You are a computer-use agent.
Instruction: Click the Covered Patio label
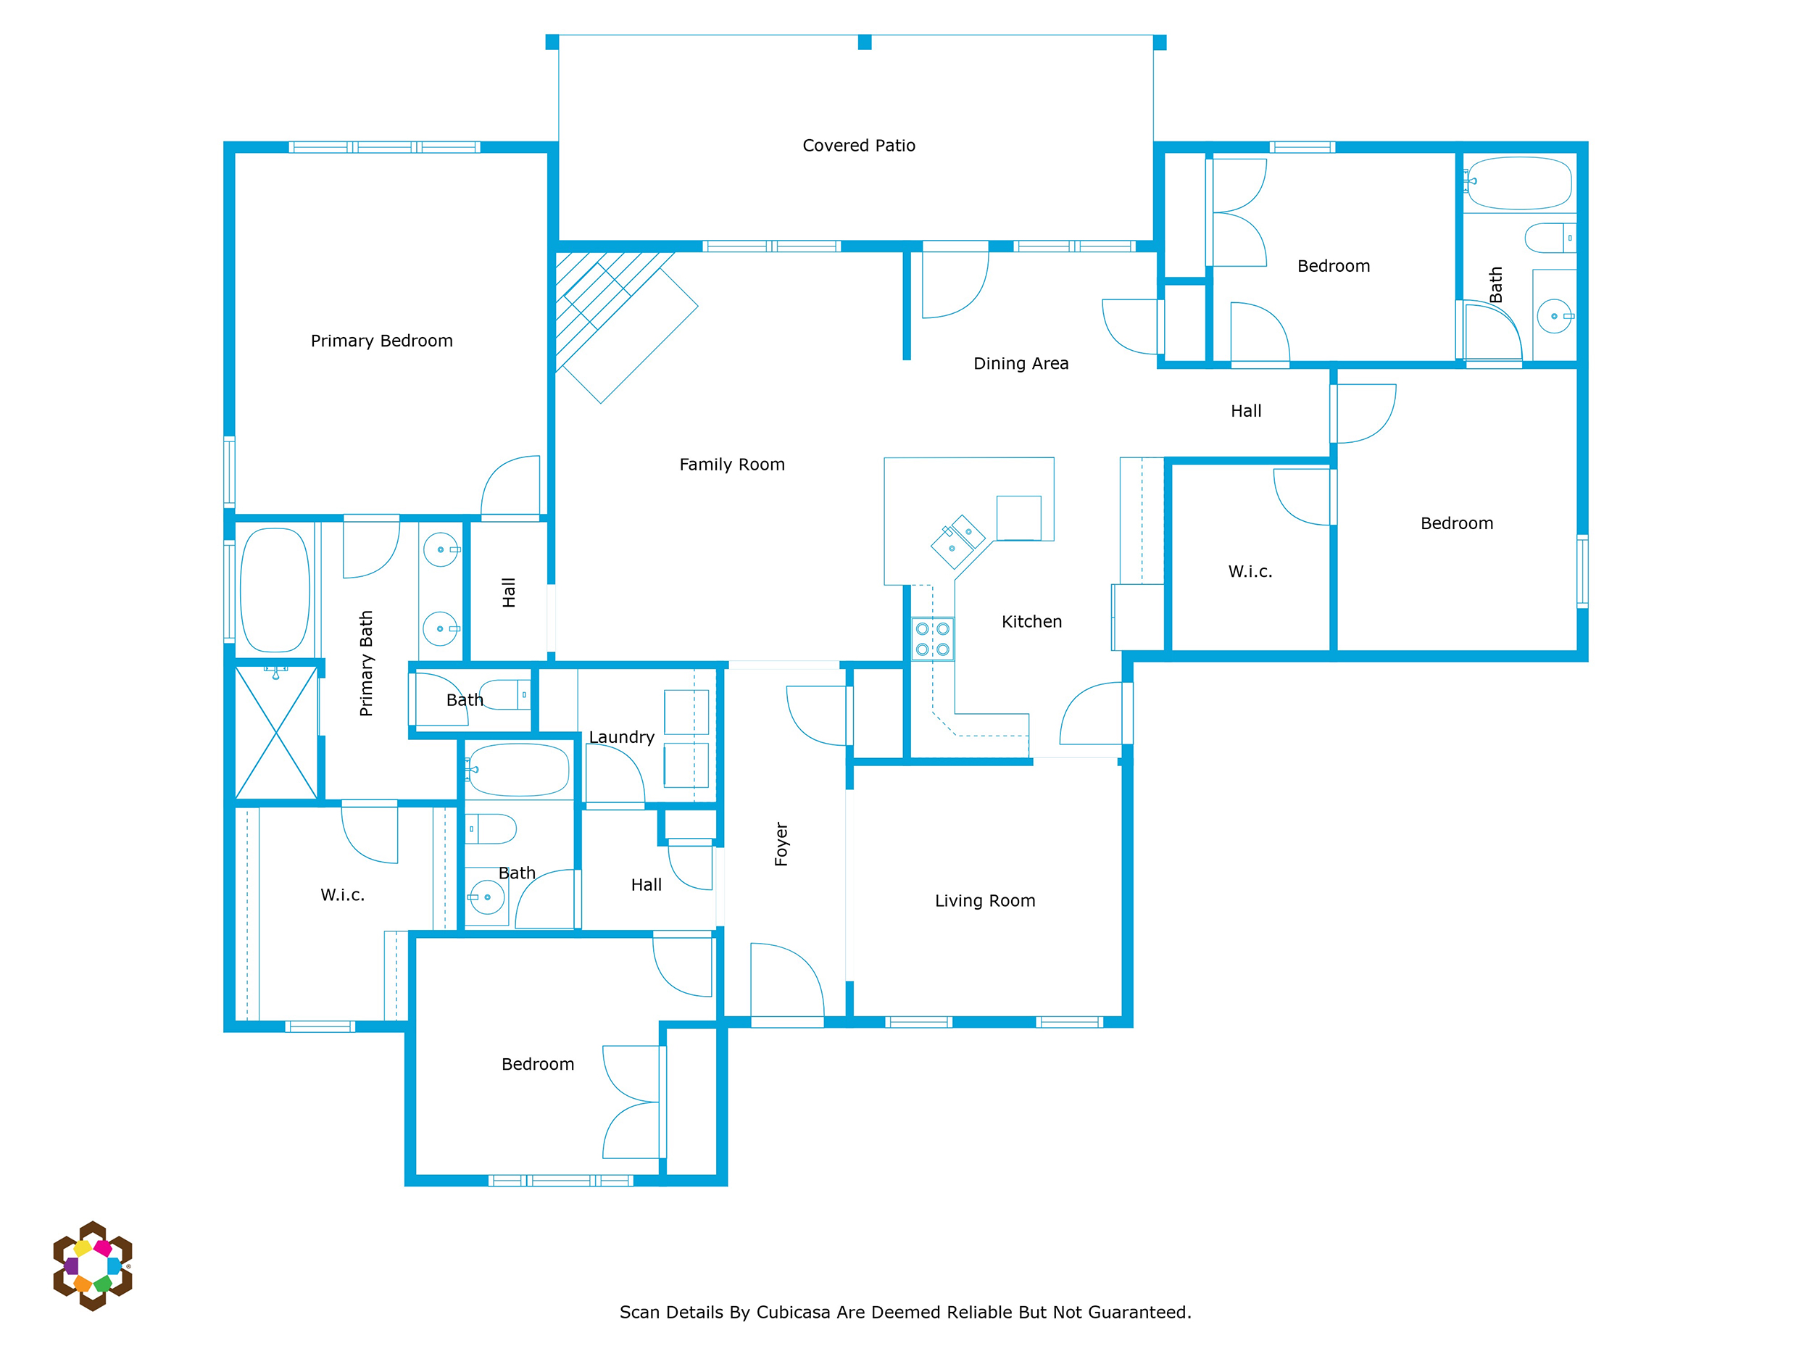pos(858,146)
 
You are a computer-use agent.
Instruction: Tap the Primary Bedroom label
pos(382,341)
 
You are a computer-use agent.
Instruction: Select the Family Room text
pos(731,465)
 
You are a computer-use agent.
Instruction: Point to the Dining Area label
pos(1021,364)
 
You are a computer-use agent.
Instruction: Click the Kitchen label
pos(1031,622)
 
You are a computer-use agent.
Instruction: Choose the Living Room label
pos(984,901)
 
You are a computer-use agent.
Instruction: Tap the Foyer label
pos(781,844)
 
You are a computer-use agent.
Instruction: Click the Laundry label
pos(622,737)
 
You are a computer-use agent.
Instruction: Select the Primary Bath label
pos(366,663)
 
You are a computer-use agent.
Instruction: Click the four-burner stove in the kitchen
pos(932,639)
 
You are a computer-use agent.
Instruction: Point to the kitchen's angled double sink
pos(957,541)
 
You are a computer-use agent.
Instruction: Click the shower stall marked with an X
pos(276,732)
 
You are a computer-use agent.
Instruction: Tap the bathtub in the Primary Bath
pos(275,590)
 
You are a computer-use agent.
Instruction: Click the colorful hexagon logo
pos(93,1266)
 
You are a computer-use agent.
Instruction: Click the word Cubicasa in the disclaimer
pos(794,1313)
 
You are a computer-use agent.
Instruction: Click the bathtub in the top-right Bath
pos(1521,183)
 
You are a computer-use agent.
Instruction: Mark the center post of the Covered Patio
pos(864,43)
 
